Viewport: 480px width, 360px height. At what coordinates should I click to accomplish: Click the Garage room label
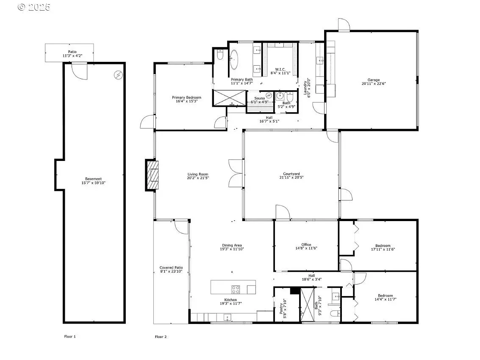[374, 80]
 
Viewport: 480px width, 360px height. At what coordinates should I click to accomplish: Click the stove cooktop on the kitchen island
[236, 289]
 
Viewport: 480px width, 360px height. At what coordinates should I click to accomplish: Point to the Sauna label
[260, 98]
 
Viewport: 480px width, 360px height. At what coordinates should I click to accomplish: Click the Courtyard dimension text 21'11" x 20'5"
[291, 177]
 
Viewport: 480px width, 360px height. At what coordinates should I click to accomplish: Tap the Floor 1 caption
[70, 336]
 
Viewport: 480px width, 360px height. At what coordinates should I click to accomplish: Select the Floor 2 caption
[161, 337]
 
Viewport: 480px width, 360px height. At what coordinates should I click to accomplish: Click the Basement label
[93, 179]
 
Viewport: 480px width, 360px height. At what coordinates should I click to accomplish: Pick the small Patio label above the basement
[72, 52]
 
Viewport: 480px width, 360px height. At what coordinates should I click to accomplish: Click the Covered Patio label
[171, 268]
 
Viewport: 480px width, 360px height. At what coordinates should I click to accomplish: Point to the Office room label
[306, 244]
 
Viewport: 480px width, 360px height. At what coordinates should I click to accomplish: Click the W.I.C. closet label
[280, 69]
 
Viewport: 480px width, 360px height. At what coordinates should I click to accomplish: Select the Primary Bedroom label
[186, 98]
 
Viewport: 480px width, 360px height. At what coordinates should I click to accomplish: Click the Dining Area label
[232, 245]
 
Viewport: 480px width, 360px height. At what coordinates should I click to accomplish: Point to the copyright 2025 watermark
[33, 7]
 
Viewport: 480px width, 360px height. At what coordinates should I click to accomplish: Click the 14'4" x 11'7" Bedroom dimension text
[385, 299]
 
